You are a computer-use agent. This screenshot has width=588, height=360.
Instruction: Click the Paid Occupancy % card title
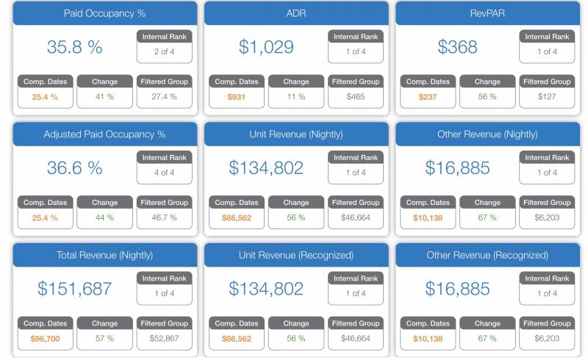click(104, 13)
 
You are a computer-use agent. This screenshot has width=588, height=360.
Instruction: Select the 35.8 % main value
click(74, 47)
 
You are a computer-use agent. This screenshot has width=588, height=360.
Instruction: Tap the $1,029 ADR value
click(266, 47)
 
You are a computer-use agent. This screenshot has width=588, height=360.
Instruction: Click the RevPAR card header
click(487, 13)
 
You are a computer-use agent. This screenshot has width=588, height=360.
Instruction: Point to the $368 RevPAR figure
click(457, 47)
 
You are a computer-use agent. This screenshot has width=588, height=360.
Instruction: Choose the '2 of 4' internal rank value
click(164, 51)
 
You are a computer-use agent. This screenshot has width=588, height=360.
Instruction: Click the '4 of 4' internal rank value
click(164, 173)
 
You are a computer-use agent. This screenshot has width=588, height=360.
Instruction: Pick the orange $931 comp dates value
click(236, 96)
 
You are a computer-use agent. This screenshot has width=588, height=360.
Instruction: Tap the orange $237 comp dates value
click(427, 96)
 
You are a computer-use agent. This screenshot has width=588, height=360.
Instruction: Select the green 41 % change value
click(104, 96)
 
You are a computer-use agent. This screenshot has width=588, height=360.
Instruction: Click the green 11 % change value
click(296, 96)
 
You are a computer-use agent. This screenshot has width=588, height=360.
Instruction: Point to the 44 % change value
click(104, 217)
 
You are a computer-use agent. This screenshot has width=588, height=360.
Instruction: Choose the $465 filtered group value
click(356, 96)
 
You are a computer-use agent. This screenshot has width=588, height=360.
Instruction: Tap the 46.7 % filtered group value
click(164, 217)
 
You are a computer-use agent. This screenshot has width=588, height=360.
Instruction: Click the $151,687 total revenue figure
click(74, 289)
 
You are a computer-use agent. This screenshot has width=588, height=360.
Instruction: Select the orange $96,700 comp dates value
click(45, 339)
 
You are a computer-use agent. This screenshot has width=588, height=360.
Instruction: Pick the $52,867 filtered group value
click(164, 339)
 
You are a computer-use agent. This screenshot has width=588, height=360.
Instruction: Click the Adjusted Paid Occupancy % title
click(104, 134)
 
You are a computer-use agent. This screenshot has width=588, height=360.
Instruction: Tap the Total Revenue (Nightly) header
click(104, 256)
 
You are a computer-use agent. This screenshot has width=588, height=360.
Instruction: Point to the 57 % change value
click(104, 339)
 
